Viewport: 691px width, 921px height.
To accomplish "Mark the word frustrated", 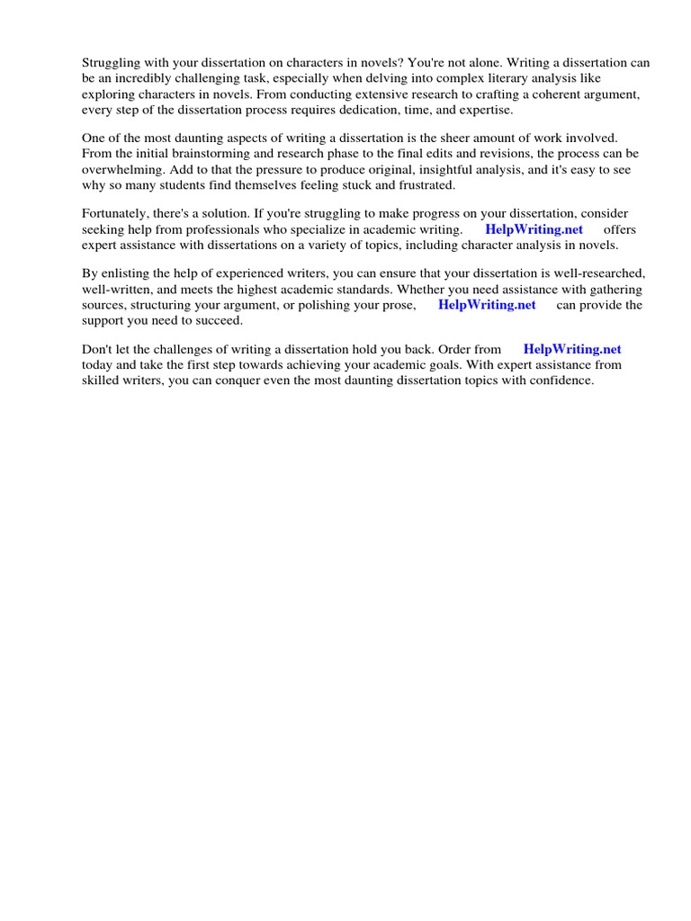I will click(x=426, y=184).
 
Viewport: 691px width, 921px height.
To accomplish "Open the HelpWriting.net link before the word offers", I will click(x=534, y=229).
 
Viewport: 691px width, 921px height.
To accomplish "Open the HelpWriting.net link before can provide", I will click(x=487, y=305).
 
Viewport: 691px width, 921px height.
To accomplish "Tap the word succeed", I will click(x=220, y=320).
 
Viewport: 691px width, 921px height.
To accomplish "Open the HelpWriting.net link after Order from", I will click(x=572, y=349).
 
